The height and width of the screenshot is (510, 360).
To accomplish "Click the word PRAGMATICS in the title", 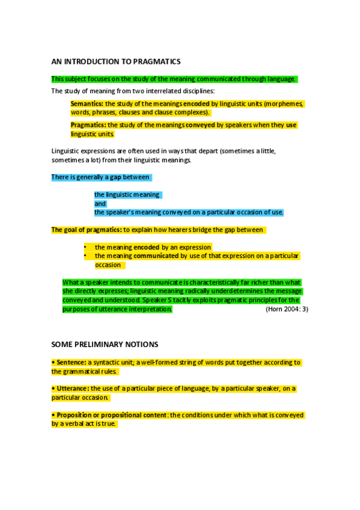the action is point(159,61).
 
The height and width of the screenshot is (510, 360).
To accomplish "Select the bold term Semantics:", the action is point(87,104).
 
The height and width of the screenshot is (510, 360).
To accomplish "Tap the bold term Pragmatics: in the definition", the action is point(88,125).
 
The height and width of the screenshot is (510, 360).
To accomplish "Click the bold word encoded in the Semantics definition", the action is point(196,104).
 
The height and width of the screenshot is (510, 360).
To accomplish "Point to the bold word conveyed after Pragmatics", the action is point(200,125).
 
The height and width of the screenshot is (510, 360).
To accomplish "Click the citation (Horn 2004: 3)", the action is point(287,309).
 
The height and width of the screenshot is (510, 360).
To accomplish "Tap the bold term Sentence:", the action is point(69,363).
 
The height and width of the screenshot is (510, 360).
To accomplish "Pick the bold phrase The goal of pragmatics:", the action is point(87,230).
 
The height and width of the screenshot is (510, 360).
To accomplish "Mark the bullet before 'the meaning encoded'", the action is point(85,247).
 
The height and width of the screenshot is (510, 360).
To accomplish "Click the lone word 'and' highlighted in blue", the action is point(100,204).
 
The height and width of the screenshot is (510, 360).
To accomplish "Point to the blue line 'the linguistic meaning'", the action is point(127,195).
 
